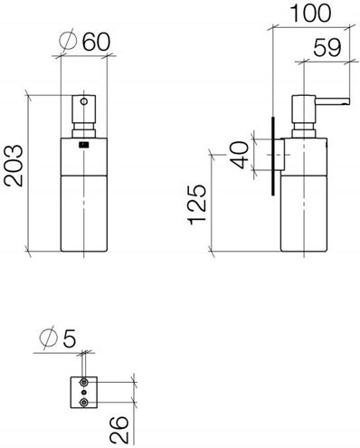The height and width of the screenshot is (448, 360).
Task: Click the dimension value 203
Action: pyautogui.click(x=14, y=166)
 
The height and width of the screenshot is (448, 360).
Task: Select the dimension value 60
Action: pyautogui.click(x=97, y=42)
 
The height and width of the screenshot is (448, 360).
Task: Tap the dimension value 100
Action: pyautogui.click(x=310, y=13)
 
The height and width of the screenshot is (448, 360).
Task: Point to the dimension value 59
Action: pyautogui.click(x=327, y=48)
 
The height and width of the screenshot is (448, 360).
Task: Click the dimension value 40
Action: pyautogui.click(x=240, y=155)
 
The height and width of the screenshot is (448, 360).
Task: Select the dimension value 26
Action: pyautogui.click(x=119, y=430)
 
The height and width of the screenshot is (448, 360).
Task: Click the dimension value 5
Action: pyautogui.click(x=70, y=338)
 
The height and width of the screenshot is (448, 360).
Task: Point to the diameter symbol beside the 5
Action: pyautogui.click(x=49, y=338)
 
